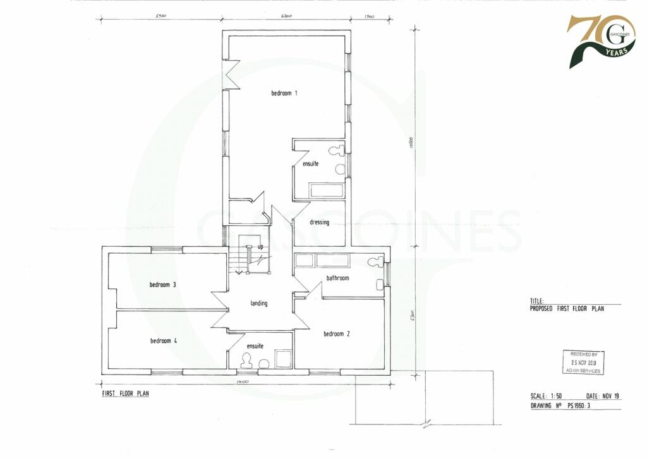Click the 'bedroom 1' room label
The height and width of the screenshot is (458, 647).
[284, 93]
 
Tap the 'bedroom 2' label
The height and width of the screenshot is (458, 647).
[337, 334]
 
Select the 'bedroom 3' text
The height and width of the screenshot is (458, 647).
[162, 285]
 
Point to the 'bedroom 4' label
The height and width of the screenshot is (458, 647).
[163, 341]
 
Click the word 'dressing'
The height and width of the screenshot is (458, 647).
[319, 222]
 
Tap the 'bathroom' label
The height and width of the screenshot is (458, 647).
[337, 278]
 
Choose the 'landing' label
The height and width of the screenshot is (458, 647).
[259, 303]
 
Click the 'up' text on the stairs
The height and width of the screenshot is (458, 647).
[260, 247]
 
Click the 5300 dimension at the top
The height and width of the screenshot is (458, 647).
[160, 16]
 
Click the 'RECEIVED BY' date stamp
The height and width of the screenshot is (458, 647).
[583, 362]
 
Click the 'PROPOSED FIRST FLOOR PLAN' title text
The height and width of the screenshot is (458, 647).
[567, 309]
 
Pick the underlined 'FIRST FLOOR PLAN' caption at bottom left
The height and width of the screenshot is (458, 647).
[126, 393]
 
